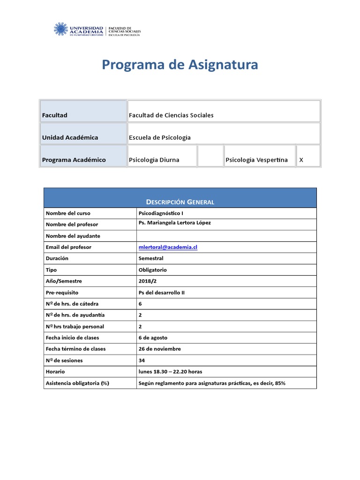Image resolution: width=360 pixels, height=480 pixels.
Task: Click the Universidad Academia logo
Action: (x=97, y=30)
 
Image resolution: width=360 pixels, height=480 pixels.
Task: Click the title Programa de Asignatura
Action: (x=180, y=65)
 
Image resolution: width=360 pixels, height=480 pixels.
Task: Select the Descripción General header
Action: (x=180, y=202)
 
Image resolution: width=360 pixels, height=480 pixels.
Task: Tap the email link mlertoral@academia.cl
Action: (x=168, y=247)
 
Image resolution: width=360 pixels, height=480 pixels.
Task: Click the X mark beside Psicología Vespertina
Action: (x=301, y=160)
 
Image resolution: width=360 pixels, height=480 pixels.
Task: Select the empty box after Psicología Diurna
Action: (x=210, y=156)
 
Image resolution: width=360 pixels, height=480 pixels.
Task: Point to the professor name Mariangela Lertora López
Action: (x=175, y=223)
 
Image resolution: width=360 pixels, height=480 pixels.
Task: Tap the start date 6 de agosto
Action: (x=153, y=337)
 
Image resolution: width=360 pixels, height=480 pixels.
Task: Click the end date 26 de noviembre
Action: (x=159, y=349)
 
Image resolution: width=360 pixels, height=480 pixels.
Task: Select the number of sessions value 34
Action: (x=142, y=360)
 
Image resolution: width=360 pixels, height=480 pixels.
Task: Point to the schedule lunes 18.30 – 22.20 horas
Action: (x=170, y=372)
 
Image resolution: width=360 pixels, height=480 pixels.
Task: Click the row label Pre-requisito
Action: (x=62, y=292)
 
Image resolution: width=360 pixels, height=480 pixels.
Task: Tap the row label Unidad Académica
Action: (x=70, y=137)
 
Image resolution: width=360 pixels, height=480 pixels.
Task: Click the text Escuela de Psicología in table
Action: (x=159, y=137)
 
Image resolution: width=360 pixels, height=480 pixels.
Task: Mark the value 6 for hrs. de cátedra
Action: (x=140, y=304)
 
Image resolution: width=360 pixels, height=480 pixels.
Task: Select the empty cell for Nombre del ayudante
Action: (x=226, y=236)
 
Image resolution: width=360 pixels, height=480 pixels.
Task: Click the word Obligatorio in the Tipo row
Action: (x=152, y=270)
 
